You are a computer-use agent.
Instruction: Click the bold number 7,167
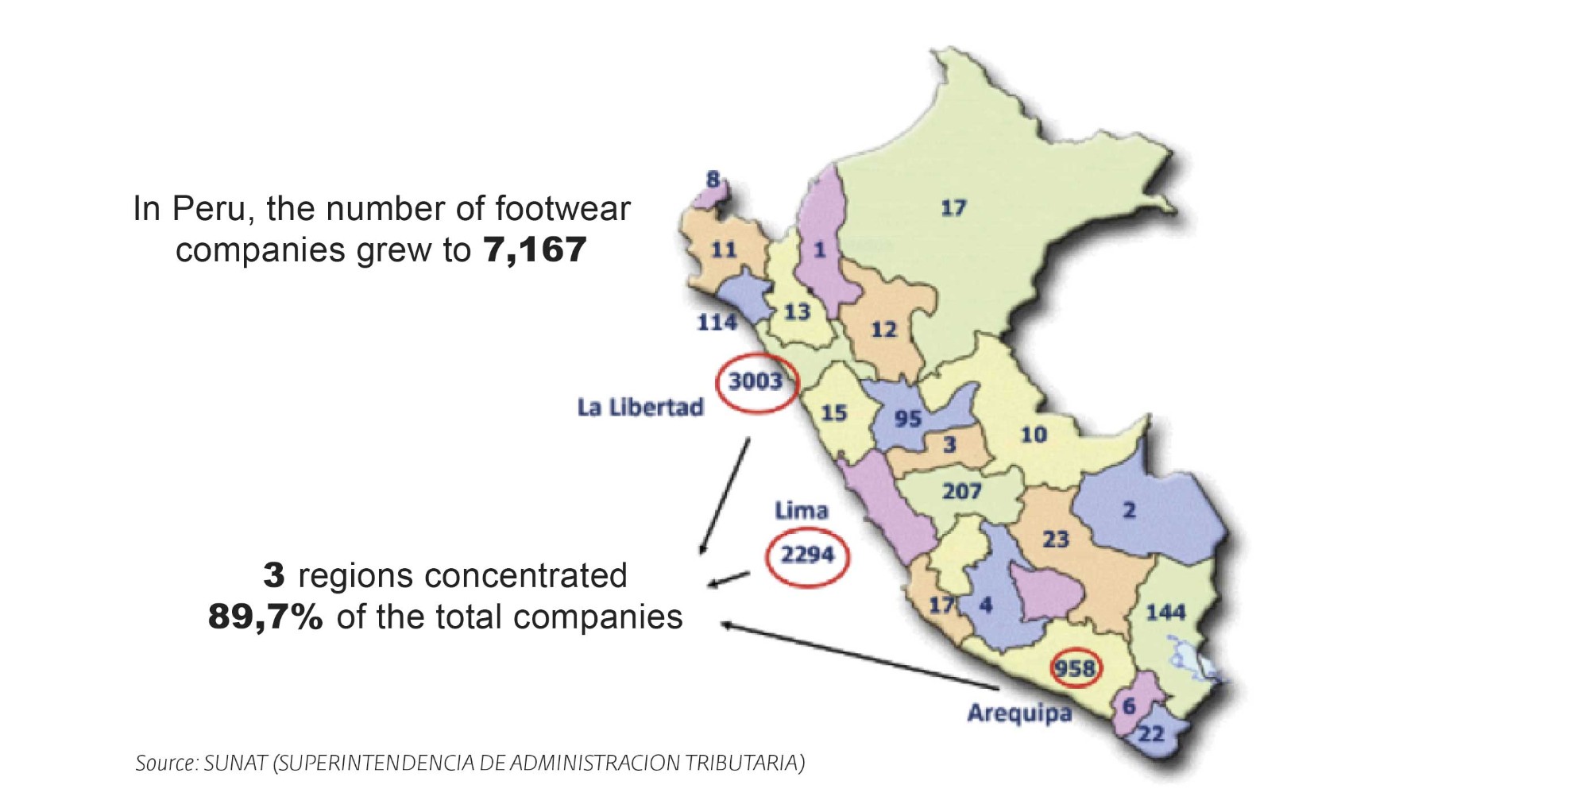click(535, 250)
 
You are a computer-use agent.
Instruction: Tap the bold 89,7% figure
click(265, 617)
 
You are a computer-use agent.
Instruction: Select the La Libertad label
click(640, 408)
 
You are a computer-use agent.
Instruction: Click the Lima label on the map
click(802, 510)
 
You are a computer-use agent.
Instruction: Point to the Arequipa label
click(1019, 713)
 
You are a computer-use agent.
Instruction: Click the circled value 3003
click(756, 382)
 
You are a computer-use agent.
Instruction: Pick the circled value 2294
click(807, 555)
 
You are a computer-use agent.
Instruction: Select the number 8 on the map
click(713, 180)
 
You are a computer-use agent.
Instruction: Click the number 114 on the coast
click(717, 322)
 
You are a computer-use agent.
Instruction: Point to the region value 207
click(962, 492)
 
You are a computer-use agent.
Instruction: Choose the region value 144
click(1165, 613)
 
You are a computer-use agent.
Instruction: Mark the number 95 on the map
click(908, 419)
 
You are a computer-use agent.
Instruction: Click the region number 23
click(1056, 540)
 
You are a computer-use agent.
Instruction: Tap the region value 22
click(1151, 734)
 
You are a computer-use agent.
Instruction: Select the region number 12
click(883, 329)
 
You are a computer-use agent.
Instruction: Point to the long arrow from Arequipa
click(858, 656)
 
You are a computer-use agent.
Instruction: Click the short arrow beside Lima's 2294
click(729, 579)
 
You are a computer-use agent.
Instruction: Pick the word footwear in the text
click(562, 209)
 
